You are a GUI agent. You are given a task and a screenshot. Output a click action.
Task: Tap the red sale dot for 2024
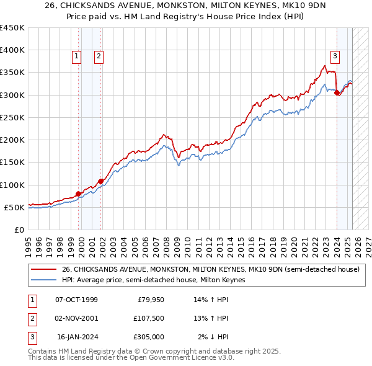[x=337, y=93]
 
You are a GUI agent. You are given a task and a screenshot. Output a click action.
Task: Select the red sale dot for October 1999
[x=79, y=194]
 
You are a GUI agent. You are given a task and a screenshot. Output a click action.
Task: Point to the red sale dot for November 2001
[x=100, y=181]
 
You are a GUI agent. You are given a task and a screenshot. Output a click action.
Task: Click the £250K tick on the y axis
[x=12, y=117]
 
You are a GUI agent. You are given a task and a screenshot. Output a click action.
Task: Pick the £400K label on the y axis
[x=12, y=50]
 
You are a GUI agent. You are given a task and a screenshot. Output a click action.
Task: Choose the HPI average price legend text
[x=153, y=280]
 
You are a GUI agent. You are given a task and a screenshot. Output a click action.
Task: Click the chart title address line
[x=185, y=6]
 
